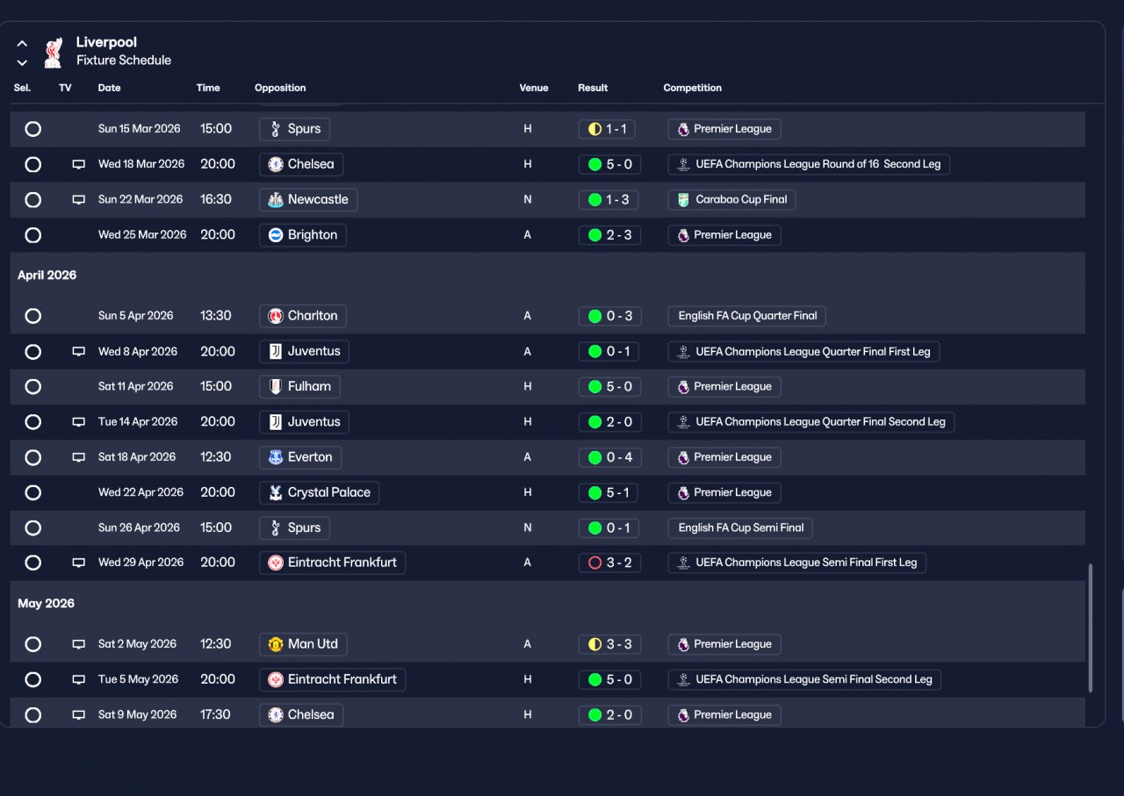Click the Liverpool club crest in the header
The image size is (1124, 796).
pos(53,53)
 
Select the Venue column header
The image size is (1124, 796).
pos(533,88)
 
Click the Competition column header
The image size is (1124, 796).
pos(692,88)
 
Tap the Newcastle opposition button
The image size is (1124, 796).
pos(308,199)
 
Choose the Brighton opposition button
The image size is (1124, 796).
pos(303,235)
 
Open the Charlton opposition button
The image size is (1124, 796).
pos(303,316)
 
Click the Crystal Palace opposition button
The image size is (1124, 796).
pos(320,492)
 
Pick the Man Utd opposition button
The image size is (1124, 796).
pos(303,644)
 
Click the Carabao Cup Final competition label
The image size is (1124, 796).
pos(731,199)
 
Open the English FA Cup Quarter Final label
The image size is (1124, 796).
pos(747,316)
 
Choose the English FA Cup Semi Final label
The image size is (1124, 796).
pos(740,527)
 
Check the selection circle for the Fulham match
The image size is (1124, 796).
pos(32,387)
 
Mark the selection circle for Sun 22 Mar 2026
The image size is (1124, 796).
pos(32,199)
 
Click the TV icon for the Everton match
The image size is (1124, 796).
pos(78,457)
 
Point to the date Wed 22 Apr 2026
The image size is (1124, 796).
pos(140,492)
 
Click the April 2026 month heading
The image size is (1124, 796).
pos(47,276)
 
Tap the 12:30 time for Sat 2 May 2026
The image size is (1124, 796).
pos(215,644)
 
